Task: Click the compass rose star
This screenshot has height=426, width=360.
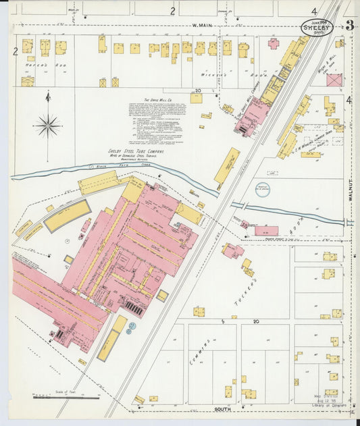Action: click(x=48, y=125)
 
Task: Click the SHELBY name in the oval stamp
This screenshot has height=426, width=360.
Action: click(x=316, y=28)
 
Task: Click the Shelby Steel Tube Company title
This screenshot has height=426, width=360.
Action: click(x=136, y=152)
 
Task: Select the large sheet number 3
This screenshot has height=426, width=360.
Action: click(x=349, y=26)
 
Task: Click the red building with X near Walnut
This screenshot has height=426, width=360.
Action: click(x=334, y=80)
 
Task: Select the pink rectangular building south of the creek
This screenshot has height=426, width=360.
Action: click(x=265, y=231)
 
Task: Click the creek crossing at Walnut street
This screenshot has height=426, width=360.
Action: click(x=349, y=222)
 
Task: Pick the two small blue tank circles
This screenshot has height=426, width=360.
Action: click(x=132, y=327)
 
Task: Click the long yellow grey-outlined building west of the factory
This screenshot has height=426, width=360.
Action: click(x=68, y=215)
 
